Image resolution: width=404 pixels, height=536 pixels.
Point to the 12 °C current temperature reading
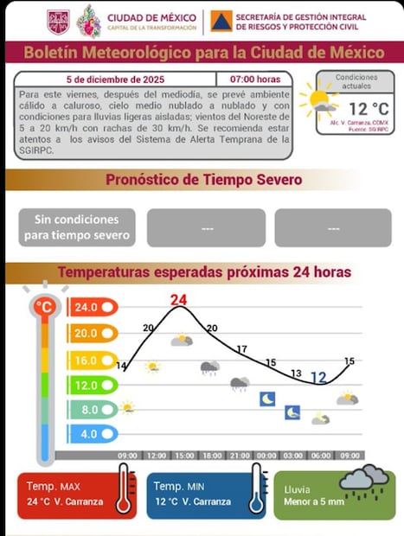368,109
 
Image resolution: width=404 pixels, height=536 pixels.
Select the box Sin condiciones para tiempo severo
77,227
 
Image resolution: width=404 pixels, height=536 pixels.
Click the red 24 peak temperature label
178,301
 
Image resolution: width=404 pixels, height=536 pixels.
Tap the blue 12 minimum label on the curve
318,378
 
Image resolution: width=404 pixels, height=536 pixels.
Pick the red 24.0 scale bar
91,307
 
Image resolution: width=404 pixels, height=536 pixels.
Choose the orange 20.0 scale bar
91,333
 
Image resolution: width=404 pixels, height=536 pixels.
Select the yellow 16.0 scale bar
91,359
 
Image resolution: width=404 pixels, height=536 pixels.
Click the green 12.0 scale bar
91,385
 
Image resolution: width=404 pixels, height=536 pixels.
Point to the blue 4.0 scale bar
91,434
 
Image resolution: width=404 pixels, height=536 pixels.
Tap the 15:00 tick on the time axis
183,456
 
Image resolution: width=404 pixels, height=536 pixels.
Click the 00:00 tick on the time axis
266,456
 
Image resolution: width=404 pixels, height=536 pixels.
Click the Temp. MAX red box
76,495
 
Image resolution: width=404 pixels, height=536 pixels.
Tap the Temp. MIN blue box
206,495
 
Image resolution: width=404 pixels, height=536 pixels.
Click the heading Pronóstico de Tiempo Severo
203,180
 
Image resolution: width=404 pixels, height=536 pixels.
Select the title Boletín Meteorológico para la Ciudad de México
202,52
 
